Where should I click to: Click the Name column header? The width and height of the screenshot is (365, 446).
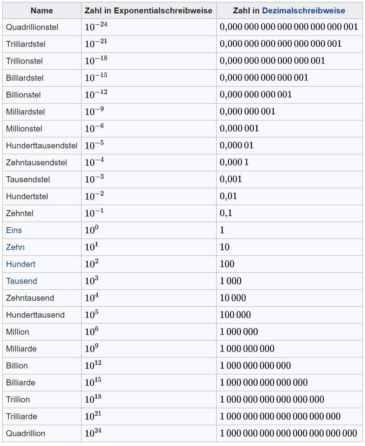point(41,11)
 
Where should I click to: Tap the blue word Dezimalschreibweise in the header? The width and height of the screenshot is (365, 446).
point(303,11)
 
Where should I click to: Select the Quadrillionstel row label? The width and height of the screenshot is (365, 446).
point(32,27)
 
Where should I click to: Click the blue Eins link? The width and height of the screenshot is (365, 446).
point(14,230)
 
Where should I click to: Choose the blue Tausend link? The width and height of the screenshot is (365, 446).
point(21,281)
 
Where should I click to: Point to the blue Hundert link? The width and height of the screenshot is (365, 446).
point(20,264)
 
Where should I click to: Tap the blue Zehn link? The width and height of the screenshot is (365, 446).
point(15,247)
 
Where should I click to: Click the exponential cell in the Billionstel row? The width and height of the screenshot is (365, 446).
point(96,94)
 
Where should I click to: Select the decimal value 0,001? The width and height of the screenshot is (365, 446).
point(231,180)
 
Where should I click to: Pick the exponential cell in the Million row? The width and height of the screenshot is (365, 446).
point(91,332)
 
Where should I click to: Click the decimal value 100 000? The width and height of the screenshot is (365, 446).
point(235,315)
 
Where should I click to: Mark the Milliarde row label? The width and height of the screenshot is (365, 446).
point(21,349)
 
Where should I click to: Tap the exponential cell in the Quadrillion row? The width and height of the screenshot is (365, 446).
point(93,433)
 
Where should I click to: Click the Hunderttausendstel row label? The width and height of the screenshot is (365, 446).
point(41,146)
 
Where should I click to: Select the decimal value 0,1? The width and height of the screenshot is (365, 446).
point(226,213)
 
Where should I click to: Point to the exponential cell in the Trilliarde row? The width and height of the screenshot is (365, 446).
point(93,416)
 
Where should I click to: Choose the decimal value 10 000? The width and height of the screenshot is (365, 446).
point(233,298)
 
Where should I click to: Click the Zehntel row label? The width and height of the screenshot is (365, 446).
point(20,213)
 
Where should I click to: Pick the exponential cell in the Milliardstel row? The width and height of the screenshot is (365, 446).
point(94,111)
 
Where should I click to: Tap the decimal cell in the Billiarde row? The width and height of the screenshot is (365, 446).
point(264,383)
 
